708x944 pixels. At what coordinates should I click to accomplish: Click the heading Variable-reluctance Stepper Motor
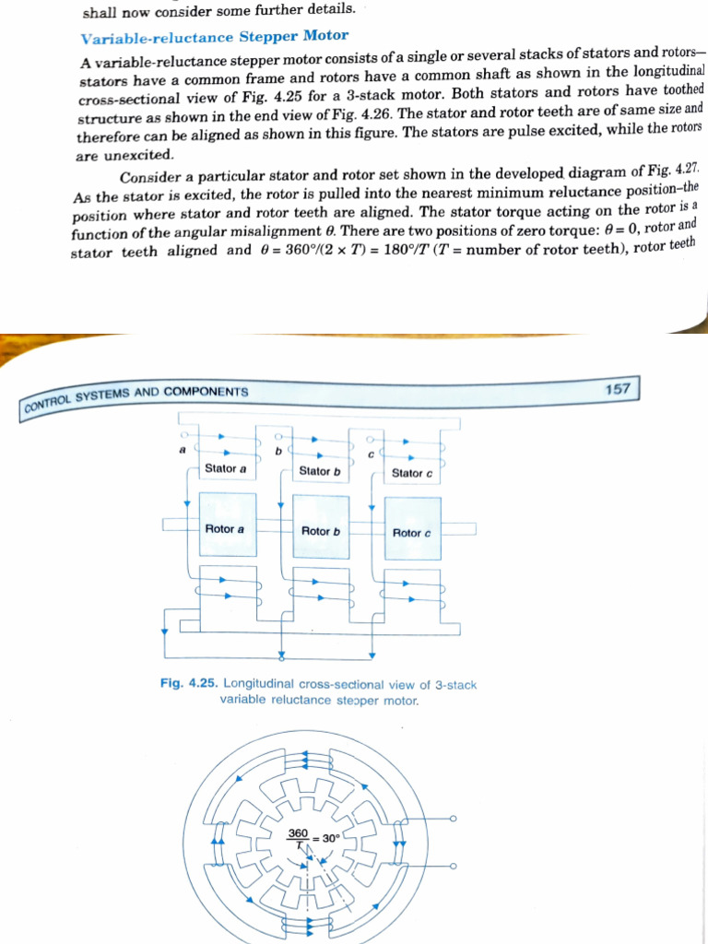tap(215, 37)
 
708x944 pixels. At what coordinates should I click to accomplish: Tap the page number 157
tap(618, 388)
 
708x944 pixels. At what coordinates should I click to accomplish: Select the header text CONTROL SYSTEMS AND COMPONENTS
tap(136, 396)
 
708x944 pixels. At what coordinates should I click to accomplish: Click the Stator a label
tap(226, 468)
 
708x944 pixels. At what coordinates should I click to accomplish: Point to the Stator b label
tap(320, 471)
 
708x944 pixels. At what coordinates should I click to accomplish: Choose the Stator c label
tap(412, 473)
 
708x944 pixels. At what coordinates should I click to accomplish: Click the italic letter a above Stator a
tap(183, 450)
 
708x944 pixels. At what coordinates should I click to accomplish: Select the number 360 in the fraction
tap(298, 832)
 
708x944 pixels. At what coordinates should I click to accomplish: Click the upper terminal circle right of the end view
tap(454, 819)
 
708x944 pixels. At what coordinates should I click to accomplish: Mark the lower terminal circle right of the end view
tap(454, 867)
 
